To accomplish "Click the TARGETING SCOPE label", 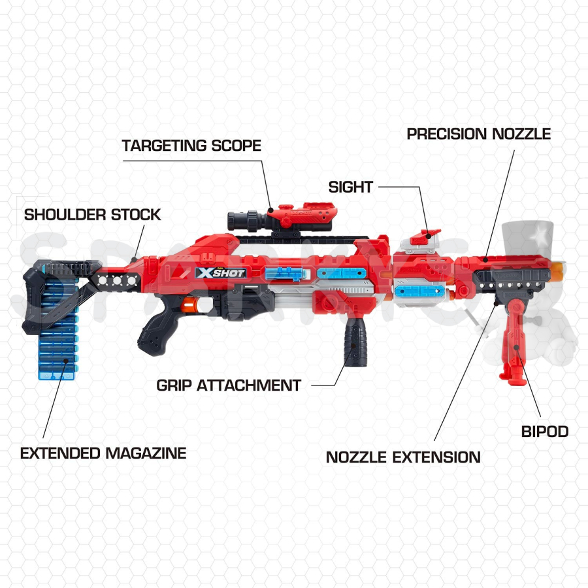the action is tap(191, 146).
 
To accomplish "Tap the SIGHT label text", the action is tap(351, 187).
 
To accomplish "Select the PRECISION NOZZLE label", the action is tap(479, 134).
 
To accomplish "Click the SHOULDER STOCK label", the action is tap(92, 214).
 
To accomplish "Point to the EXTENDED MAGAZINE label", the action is tap(103, 453).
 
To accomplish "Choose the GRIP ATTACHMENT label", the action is tap(229, 385).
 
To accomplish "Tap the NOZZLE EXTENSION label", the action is tap(403, 457).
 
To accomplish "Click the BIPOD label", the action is tap(545, 432).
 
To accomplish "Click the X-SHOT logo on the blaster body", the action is tap(221, 272).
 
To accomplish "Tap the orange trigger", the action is tap(189, 305).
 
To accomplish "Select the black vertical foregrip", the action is tap(355, 344).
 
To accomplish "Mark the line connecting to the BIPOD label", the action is tap(529, 382).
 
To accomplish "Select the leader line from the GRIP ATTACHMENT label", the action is tap(335, 369).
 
